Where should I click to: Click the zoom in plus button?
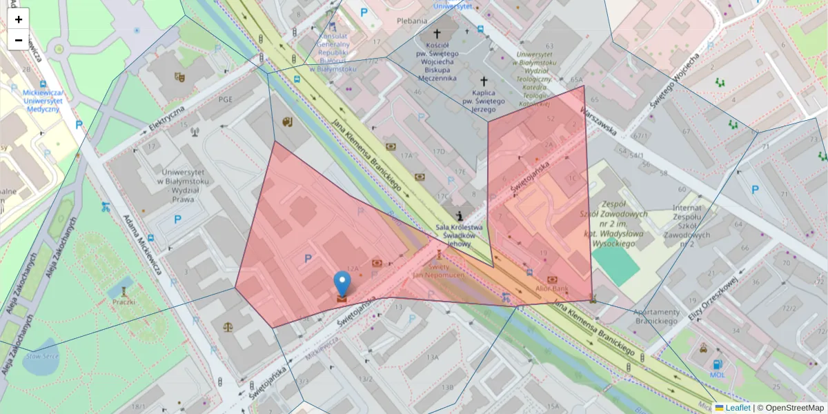19,19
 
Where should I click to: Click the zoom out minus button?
19,40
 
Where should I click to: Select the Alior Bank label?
552,288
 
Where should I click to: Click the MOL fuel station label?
718,375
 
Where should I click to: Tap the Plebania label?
412,21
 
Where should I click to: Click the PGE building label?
226,99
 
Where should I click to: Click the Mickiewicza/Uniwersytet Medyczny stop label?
43,101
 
